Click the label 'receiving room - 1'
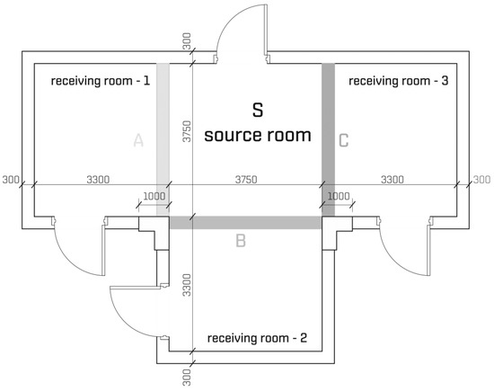pyautogui.click(x=101, y=81)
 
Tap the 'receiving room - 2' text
pyautogui.click(x=257, y=338)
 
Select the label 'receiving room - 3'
pyautogui.click(x=398, y=81)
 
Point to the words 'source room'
pyautogui.click(x=258, y=135)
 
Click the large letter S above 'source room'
pyautogui.click(x=258, y=110)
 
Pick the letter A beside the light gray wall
pyautogui.click(x=138, y=140)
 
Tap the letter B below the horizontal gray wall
pyautogui.click(x=241, y=241)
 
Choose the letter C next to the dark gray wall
pyautogui.click(x=344, y=140)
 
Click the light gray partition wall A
pyautogui.click(x=163, y=139)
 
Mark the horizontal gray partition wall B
pyautogui.click(x=246, y=223)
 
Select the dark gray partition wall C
pyautogui.click(x=328, y=139)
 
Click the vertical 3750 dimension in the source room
pyautogui.click(x=187, y=131)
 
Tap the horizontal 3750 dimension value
pyautogui.click(x=246, y=180)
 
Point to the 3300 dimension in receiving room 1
pyautogui.click(x=98, y=180)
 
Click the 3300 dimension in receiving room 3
pyautogui.click(x=393, y=180)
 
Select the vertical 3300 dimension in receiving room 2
pyautogui.click(x=187, y=285)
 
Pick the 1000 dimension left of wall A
pyautogui.click(x=154, y=197)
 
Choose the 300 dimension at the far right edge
pyautogui.click(x=481, y=180)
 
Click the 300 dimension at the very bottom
pyautogui.click(x=187, y=378)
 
